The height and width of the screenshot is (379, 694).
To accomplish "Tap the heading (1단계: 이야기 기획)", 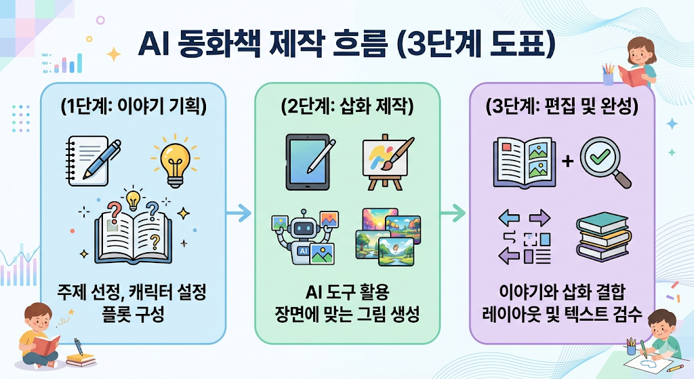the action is [x=134, y=106].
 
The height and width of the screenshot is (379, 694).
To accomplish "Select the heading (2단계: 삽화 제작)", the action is [x=348, y=106].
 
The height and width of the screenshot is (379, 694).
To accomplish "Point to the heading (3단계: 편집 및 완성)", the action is [x=562, y=106].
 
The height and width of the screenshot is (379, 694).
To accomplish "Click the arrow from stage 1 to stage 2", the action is [x=239, y=213].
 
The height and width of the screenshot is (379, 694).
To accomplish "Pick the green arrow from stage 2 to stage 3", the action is [x=453, y=213].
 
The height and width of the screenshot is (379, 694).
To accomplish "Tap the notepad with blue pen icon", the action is [x=93, y=160].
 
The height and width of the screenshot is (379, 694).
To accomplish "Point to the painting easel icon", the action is [x=388, y=162].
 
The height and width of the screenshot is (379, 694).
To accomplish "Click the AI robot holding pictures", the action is [x=304, y=237].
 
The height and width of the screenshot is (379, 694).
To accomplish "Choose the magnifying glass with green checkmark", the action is [x=605, y=162].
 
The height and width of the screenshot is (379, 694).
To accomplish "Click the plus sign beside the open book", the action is [x=567, y=161].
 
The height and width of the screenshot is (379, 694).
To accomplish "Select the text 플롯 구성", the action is [x=134, y=314].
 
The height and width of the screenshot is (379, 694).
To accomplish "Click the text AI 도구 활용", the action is [x=348, y=292].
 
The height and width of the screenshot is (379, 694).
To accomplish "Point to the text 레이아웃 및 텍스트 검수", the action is [x=562, y=314].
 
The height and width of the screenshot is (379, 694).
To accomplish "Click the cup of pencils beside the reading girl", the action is [x=608, y=75].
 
